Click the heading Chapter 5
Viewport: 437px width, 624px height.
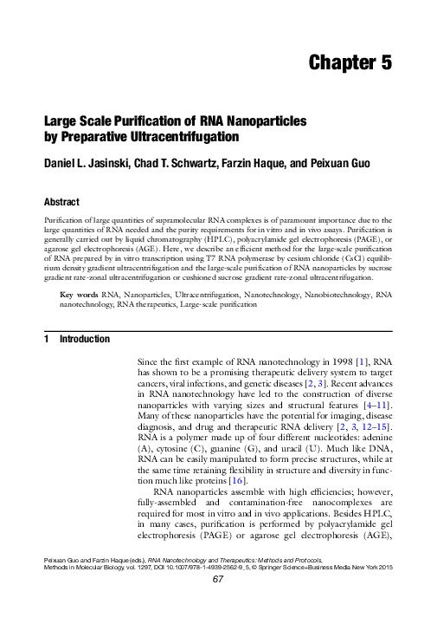click(350, 62)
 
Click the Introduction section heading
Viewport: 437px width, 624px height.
click(83, 340)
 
